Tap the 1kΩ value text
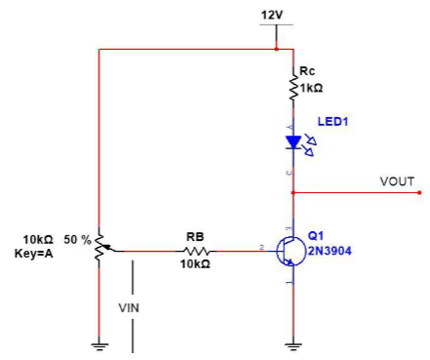point(311,88)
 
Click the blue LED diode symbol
point(293,142)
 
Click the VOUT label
point(397,181)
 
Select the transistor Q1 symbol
point(289,251)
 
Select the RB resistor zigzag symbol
point(195,251)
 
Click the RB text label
point(195,236)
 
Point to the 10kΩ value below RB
point(195,264)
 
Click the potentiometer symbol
point(99,250)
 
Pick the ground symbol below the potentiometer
point(99,343)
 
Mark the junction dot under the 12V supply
point(277,48)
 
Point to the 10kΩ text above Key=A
point(38,238)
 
